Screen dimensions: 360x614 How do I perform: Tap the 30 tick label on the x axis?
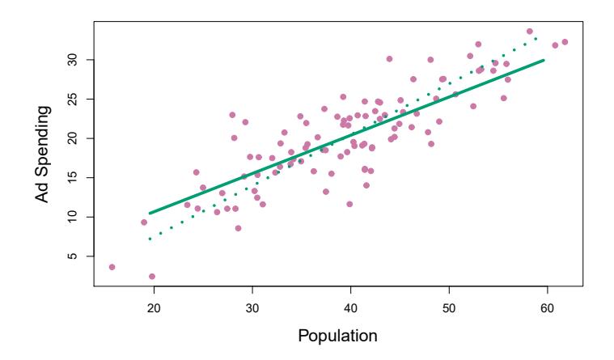252,307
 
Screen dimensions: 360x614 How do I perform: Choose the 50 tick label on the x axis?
449,307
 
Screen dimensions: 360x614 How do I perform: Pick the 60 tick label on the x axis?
548,307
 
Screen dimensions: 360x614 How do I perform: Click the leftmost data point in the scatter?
112,267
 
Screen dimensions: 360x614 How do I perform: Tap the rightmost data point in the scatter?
565,42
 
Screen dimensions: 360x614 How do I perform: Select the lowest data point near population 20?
152,277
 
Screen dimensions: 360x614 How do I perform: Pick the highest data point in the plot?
530,32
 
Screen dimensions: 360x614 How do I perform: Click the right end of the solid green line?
544,60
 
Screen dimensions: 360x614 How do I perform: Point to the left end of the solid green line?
150,214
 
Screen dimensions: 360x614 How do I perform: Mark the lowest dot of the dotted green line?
150,239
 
